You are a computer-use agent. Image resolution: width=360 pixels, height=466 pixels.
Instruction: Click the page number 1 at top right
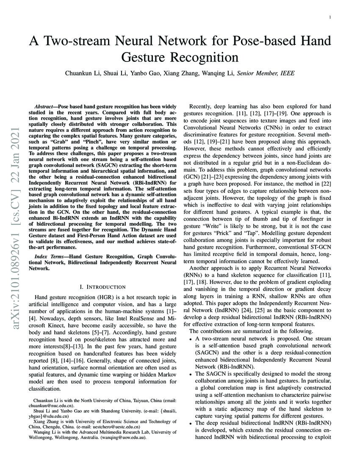tap(330, 17)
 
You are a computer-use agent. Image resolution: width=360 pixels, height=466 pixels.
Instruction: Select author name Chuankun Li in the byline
tap(82, 73)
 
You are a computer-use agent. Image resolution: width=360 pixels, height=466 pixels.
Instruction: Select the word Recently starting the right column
tap(202, 107)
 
